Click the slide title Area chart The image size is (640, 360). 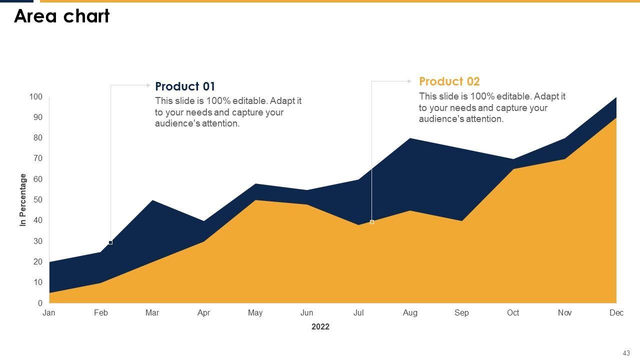(62, 16)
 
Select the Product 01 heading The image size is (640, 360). (185, 86)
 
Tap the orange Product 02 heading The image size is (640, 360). (449, 81)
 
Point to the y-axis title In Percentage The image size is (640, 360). (23, 200)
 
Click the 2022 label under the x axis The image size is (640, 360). (320, 327)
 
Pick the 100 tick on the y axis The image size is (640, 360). (36, 96)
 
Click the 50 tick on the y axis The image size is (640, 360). (38, 200)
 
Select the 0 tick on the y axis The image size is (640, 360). (40, 303)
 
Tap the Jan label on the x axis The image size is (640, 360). (49, 313)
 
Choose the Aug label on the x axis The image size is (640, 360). (410, 313)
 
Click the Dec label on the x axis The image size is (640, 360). (616, 313)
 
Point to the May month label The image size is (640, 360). (255, 313)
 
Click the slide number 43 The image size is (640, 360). (626, 352)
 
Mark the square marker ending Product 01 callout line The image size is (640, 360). (110, 242)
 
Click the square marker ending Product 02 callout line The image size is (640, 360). (372, 222)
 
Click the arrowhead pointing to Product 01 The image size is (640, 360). (148, 85)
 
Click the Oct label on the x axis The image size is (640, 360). (513, 313)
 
